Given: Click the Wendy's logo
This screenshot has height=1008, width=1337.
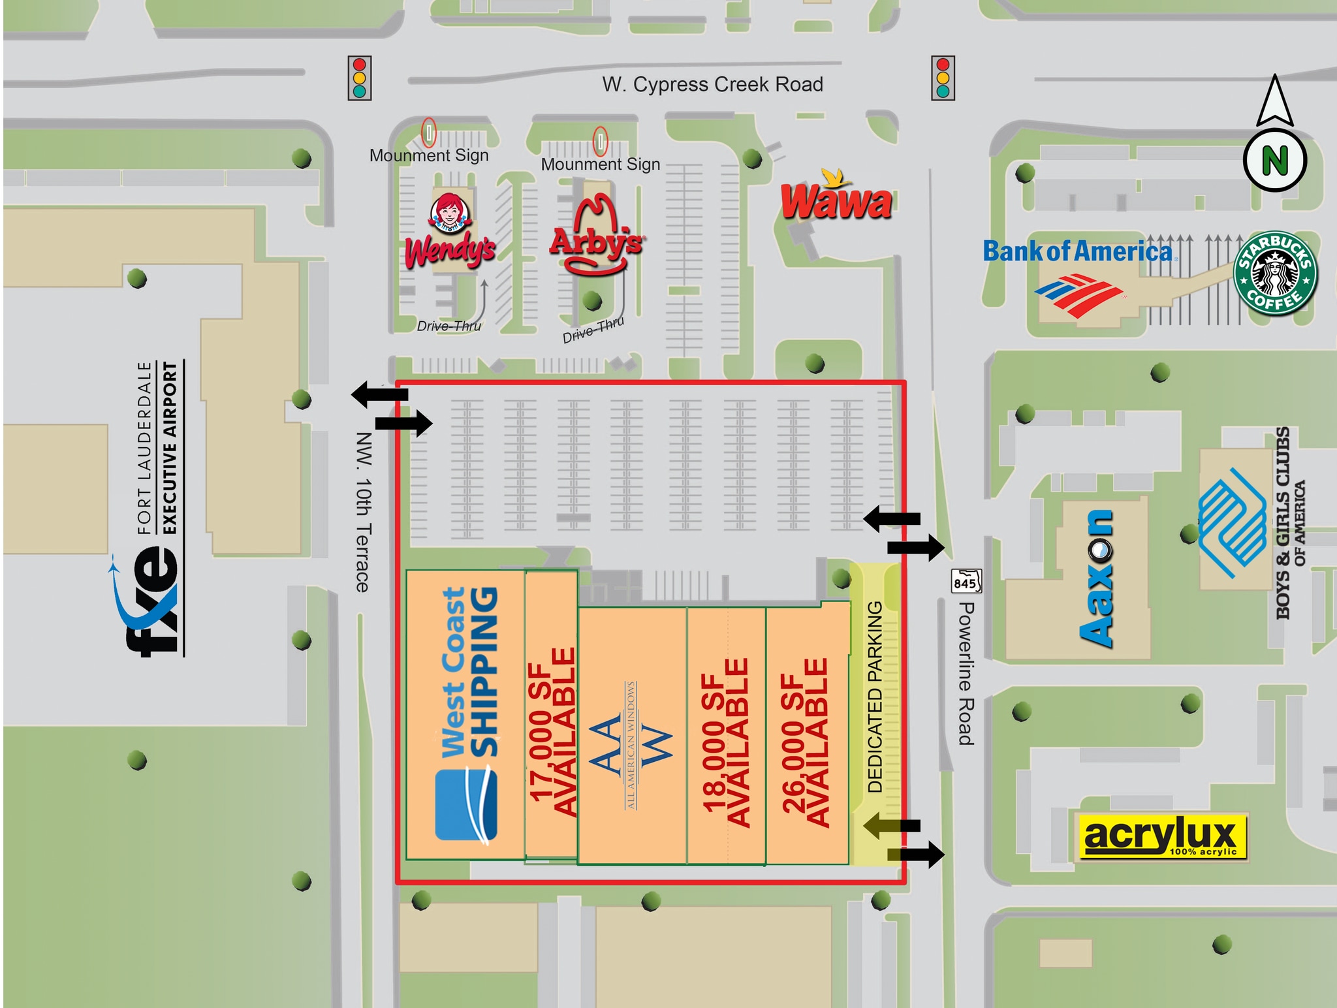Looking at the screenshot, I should pyautogui.click(x=449, y=231).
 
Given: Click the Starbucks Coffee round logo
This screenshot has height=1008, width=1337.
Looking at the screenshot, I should pyautogui.click(x=1275, y=274).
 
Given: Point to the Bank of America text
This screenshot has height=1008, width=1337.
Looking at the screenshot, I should pyautogui.click(x=1077, y=252).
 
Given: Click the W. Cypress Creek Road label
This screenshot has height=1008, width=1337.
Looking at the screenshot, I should pyautogui.click(x=712, y=85).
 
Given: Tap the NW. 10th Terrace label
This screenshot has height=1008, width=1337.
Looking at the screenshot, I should pyautogui.click(x=364, y=512).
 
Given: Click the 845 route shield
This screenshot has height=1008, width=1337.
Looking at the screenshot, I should pyautogui.click(x=966, y=582).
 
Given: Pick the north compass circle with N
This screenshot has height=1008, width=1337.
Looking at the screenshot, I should pyautogui.click(x=1274, y=161).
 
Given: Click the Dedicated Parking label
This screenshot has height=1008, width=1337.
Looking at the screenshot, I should pyautogui.click(x=875, y=697).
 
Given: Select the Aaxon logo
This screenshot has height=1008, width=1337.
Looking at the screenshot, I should pyautogui.click(x=1097, y=578).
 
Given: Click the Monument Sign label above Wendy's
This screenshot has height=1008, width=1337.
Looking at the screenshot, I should pyautogui.click(x=429, y=155).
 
